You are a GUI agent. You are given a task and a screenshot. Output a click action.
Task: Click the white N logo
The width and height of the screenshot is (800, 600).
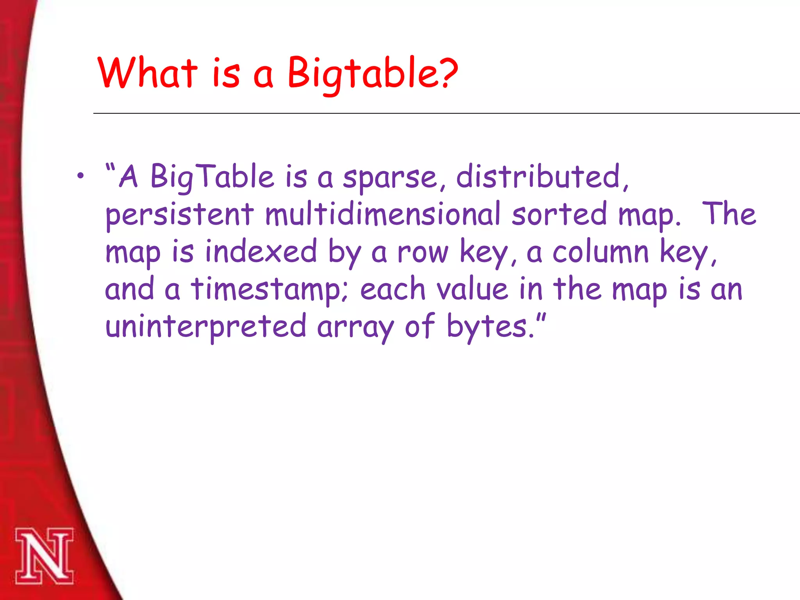(x=44, y=556)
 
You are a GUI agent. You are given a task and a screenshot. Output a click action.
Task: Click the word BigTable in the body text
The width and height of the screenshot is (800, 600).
(x=212, y=177)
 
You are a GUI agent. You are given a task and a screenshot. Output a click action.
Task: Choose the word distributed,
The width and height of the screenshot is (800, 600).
(x=542, y=177)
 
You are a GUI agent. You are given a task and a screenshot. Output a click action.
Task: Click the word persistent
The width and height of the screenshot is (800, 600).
(x=179, y=215)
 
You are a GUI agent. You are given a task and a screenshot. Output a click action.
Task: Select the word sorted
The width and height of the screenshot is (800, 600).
(x=559, y=214)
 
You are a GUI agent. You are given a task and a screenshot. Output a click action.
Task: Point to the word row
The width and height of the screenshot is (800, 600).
(x=423, y=252)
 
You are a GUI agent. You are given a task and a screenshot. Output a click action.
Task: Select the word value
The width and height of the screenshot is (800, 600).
(x=472, y=289)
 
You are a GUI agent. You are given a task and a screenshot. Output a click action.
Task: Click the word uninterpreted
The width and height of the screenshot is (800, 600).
(x=206, y=327)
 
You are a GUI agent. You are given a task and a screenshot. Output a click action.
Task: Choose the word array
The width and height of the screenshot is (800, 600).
(x=355, y=327)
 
